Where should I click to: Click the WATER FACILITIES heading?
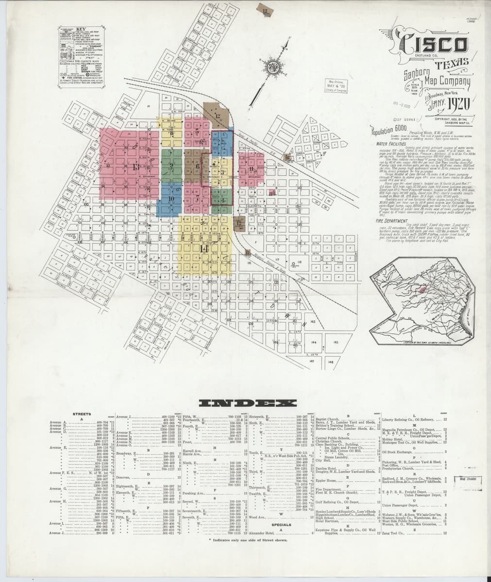(x=391, y=144)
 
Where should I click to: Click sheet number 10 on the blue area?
(x=171, y=198)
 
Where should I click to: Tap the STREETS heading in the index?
(x=81, y=414)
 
